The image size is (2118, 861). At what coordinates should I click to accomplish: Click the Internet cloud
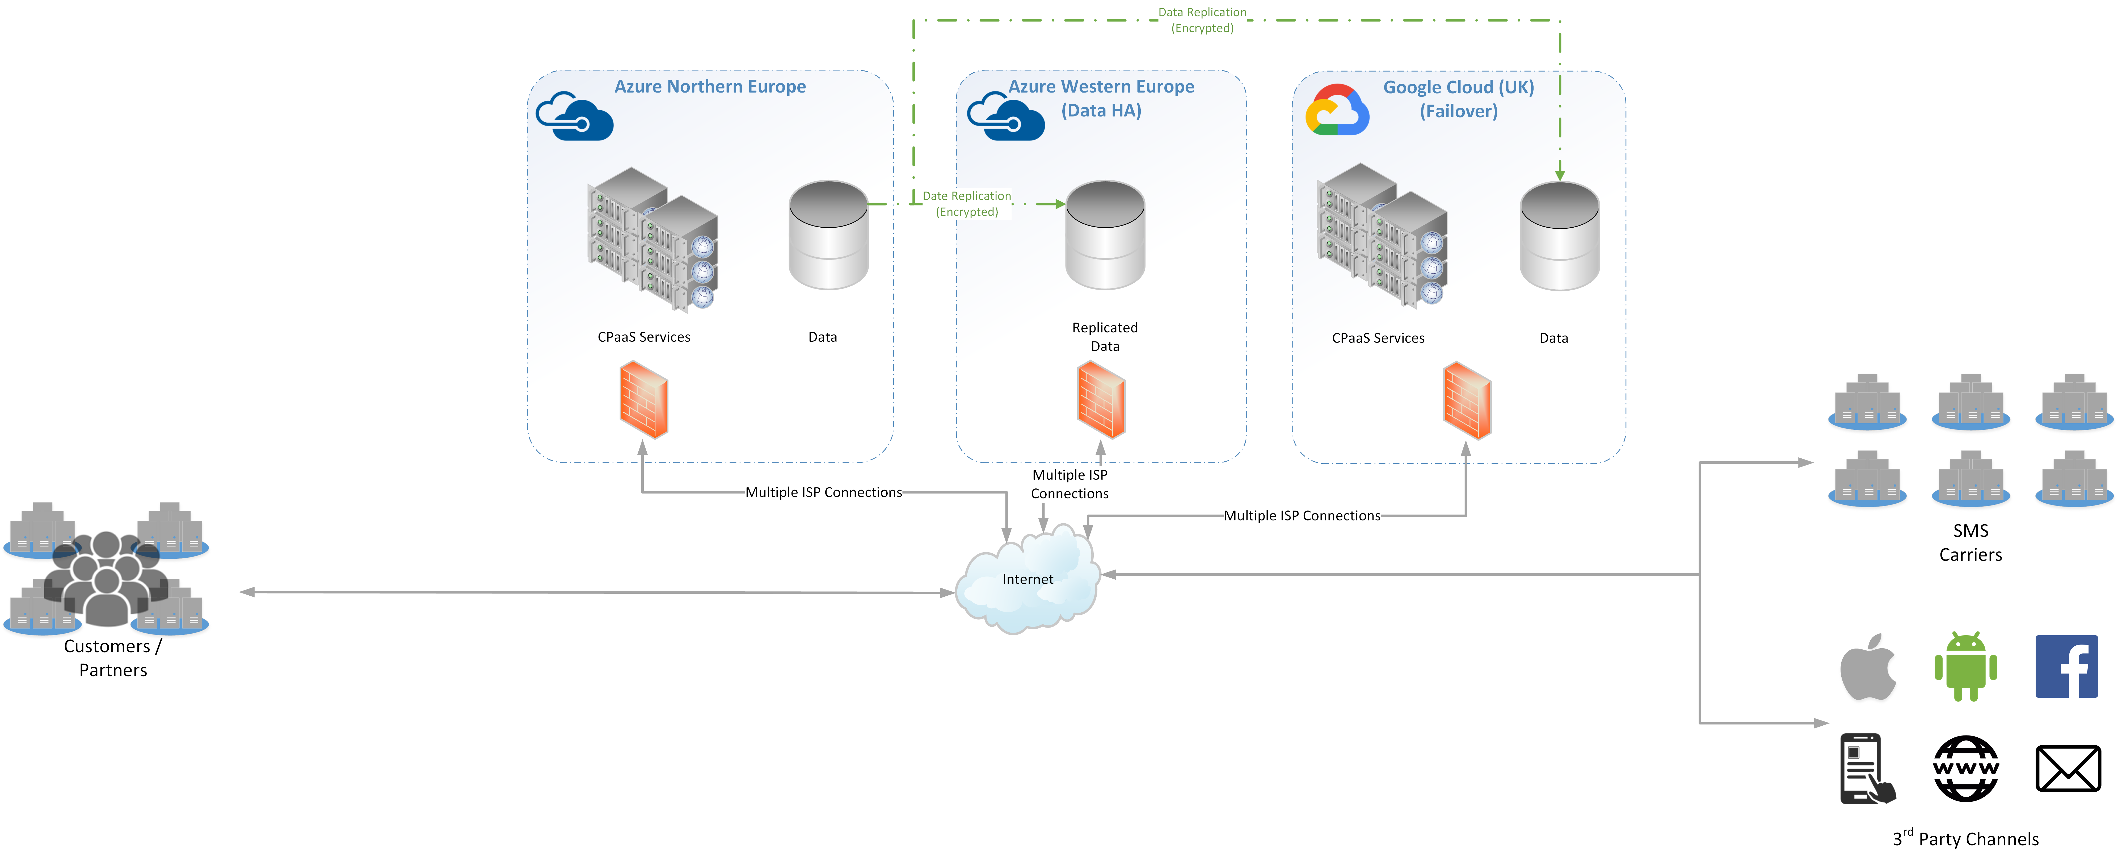(1028, 580)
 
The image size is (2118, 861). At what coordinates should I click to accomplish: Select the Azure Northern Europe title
(710, 86)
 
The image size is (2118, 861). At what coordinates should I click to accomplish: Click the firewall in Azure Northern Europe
(644, 400)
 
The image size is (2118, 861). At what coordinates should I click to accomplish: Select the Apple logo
(1868, 667)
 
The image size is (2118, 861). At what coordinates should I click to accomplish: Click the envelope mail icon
(2068, 769)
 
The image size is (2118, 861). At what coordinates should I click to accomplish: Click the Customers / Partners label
(113, 658)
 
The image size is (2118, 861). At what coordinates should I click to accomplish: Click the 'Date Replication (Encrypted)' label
(967, 204)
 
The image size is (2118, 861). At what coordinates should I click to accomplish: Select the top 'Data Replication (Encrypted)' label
(1202, 20)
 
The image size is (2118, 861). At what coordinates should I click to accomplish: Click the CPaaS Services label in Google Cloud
(1378, 338)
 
